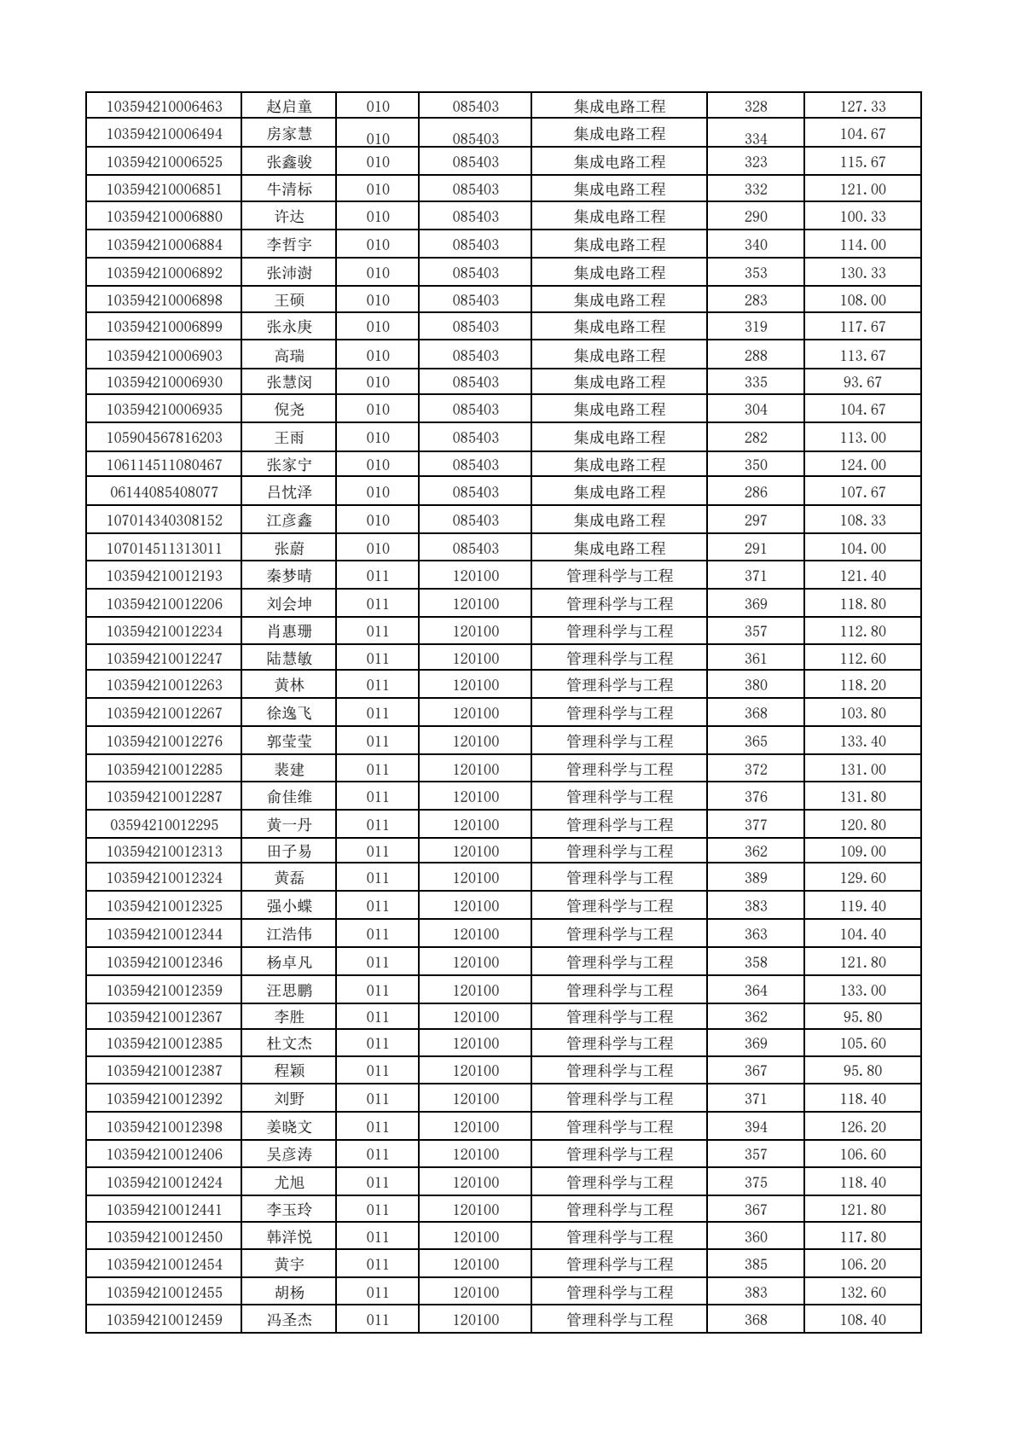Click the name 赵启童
click(x=289, y=107)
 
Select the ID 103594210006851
click(x=164, y=189)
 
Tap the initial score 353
click(x=756, y=273)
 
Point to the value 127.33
click(x=862, y=107)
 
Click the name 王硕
click(x=289, y=300)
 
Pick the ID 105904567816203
click(x=164, y=438)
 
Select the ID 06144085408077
click(x=164, y=492)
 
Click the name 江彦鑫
click(x=289, y=520)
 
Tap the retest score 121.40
click(x=862, y=576)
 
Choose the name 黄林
click(x=289, y=685)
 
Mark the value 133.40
click(x=862, y=741)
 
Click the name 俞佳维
click(x=289, y=797)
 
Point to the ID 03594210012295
click(x=164, y=825)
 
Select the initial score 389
click(x=756, y=878)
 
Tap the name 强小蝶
click(x=289, y=906)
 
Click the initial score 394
click(x=756, y=1127)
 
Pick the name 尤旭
click(x=289, y=1183)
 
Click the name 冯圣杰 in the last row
click(x=289, y=1320)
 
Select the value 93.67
click(x=862, y=382)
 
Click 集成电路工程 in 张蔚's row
click(x=619, y=549)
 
